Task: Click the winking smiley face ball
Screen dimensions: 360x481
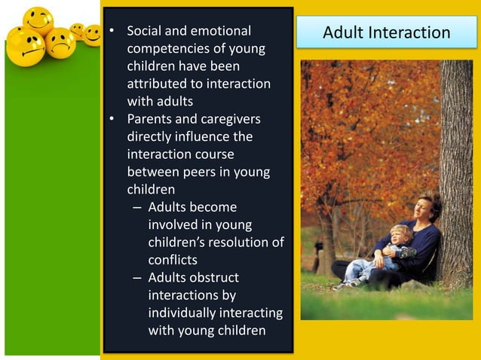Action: pyautogui.click(x=37, y=21)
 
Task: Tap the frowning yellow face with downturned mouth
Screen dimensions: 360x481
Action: pyautogui.click(x=60, y=42)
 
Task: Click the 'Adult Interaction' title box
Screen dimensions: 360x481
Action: pyautogui.click(x=386, y=32)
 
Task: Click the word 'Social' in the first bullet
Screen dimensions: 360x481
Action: pyautogui.click(x=145, y=32)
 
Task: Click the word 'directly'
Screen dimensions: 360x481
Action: pyautogui.click(x=151, y=136)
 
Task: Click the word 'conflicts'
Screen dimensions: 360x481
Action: pyautogui.click(x=173, y=259)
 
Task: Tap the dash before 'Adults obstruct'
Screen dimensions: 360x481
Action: pyautogui.click(x=136, y=277)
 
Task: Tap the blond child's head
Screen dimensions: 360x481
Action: pyautogui.click(x=399, y=234)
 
